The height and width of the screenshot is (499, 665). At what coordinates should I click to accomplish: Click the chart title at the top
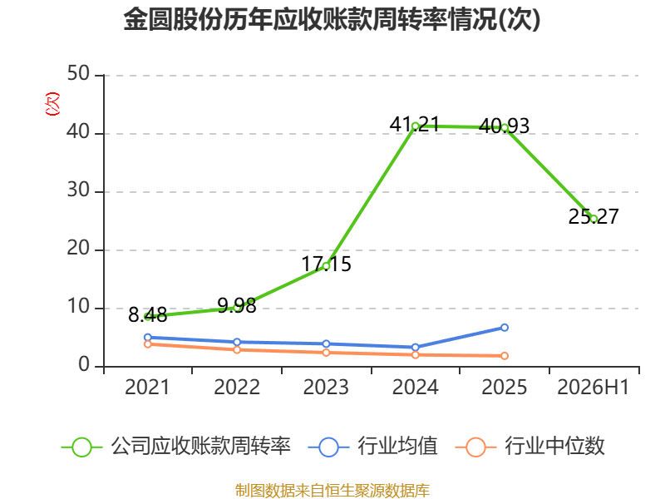click(x=332, y=19)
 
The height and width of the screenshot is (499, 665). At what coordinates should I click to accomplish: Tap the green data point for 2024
click(x=415, y=126)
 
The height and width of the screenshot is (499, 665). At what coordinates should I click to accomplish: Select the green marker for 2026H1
click(x=594, y=219)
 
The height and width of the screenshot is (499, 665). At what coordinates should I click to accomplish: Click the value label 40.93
click(x=504, y=126)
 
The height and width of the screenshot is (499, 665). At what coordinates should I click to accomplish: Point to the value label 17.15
click(x=326, y=264)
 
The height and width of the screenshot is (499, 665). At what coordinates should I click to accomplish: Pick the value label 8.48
click(x=148, y=315)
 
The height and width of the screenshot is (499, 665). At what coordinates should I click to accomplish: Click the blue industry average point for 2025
click(x=505, y=328)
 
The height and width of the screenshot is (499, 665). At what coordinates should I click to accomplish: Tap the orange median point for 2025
click(x=505, y=356)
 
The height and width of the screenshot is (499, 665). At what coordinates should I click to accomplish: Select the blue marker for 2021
click(x=148, y=338)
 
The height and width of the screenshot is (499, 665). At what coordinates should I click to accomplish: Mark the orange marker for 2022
click(x=237, y=349)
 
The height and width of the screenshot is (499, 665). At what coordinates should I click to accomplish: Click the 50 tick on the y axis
click(x=78, y=74)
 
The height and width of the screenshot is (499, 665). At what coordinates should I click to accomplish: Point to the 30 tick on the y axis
click(x=78, y=190)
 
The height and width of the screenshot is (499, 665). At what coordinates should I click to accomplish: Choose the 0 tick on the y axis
click(x=84, y=365)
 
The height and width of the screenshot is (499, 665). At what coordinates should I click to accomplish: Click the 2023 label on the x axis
click(x=326, y=388)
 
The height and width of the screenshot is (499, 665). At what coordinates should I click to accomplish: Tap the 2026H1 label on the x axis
click(x=593, y=388)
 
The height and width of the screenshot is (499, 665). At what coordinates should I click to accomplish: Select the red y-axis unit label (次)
click(x=52, y=104)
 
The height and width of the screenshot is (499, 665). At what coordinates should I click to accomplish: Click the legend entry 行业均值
click(x=373, y=447)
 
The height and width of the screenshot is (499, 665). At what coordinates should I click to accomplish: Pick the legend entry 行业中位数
click(x=530, y=447)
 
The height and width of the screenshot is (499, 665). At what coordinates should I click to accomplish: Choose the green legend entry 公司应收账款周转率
click(x=176, y=447)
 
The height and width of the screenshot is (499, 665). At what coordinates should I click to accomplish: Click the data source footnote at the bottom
click(x=332, y=491)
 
